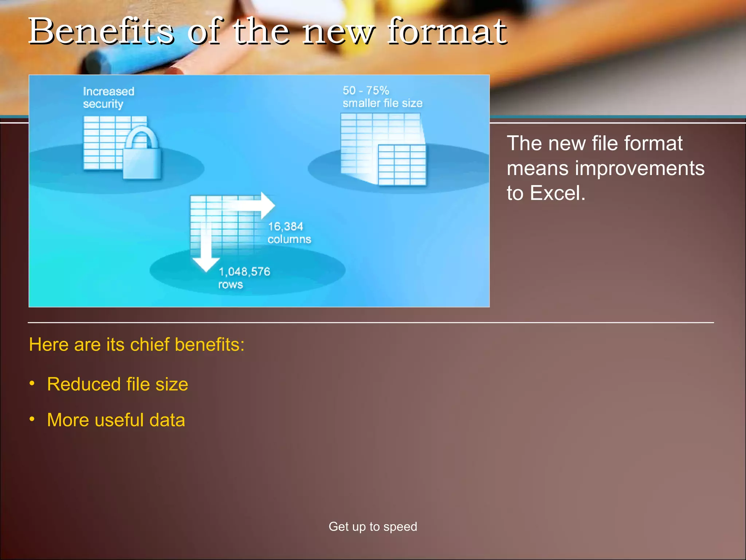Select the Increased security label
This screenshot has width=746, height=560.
(x=109, y=97)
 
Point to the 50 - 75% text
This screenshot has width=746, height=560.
(x=366, y=90)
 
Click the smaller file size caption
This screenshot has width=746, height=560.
(x=382, y=103)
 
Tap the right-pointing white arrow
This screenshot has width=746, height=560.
(x=255, y=205)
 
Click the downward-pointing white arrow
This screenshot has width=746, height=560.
(x=206, y=252)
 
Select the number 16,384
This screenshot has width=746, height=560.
(x=286, y=226)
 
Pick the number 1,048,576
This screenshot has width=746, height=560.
(x=244, y=272)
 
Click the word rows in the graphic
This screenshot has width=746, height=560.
(x=231, y=284)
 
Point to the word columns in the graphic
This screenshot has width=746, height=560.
(x=289, y=239)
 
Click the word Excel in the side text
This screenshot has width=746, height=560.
(x=557, y=193)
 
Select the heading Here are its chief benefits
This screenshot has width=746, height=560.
(x=137, y=345)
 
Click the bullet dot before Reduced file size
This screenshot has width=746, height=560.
(x=32, y=383)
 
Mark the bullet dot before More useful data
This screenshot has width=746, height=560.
(x=32, y=419)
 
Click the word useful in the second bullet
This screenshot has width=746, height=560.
(x=119, y=420)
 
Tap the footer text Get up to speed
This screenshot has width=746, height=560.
(x=373, y=526)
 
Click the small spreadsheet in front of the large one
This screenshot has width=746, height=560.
(x=402, y=164)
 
